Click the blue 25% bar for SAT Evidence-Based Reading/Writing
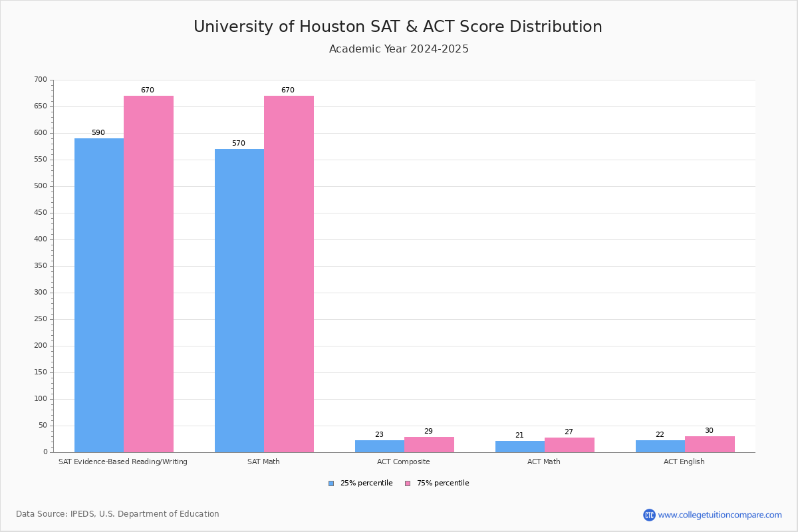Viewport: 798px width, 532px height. click(x=99, y=295)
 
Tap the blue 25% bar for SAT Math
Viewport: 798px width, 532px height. click(x=239, y=301)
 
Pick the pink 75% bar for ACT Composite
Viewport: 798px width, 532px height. click(x=429, y=445)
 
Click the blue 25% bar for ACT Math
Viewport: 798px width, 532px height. click(x=520, y=447)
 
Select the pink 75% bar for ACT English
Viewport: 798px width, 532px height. click(x=710, y=444)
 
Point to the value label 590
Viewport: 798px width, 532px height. click(x=98, y=133)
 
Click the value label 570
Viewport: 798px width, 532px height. click(x=239, y=144)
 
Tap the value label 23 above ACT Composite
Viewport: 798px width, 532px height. click(x=379, y=435)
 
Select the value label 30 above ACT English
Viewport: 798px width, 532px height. click(x=709, y=431)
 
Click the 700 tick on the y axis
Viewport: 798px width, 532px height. click(x=41, y=80)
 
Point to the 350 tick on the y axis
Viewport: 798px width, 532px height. click(x=41, y=266)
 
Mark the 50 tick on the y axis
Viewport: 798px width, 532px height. click(x=43, y=426)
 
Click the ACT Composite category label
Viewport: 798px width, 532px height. click(x=403, y=462)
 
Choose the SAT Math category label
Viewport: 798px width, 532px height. click(x=263, y=462)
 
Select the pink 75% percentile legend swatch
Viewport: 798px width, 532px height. click(x=408, y=483)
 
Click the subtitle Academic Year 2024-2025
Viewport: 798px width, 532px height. click(x=399, y=49)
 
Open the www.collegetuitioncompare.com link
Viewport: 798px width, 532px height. click(x=720, y=515)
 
